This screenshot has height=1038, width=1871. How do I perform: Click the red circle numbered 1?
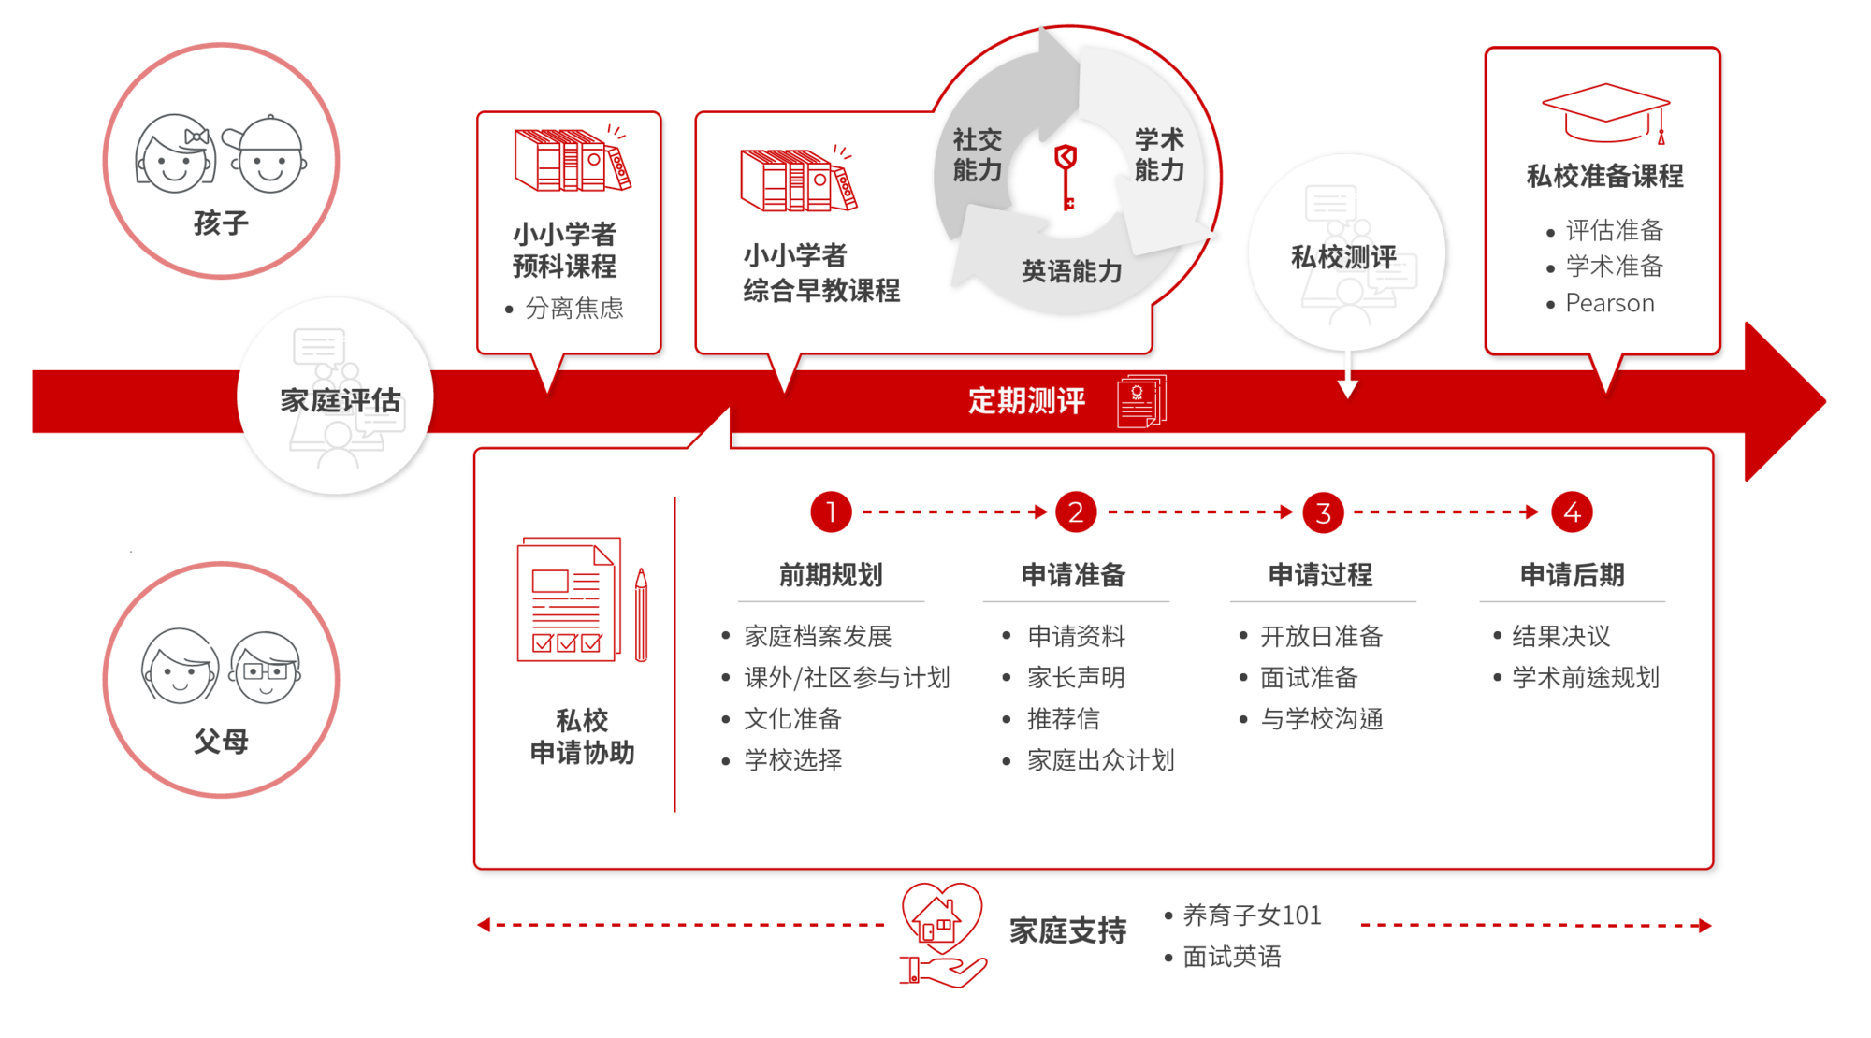831,512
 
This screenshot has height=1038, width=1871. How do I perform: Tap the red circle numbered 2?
1076,512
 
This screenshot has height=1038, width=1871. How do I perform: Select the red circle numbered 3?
1323,512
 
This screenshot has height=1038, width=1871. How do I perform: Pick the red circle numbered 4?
1572,512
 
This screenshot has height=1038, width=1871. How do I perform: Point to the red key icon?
1066,176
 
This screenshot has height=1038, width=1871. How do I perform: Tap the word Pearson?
1610,303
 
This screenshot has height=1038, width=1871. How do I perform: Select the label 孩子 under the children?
221,223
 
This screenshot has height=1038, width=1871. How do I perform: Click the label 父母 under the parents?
221,742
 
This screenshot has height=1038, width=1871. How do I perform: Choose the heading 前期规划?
831,574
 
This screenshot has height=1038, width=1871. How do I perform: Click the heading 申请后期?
1572,574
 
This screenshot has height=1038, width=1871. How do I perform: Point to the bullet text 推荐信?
1063,718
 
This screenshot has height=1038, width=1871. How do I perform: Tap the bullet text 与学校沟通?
1321,718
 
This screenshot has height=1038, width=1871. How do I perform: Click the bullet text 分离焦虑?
574,308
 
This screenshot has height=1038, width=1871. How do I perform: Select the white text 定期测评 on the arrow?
1026,400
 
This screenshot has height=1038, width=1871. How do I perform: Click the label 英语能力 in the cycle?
1071,271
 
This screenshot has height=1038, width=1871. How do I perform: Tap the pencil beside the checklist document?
641,614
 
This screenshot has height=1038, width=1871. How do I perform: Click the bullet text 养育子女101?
1252,915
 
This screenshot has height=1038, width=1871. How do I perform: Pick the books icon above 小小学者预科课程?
573,158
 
